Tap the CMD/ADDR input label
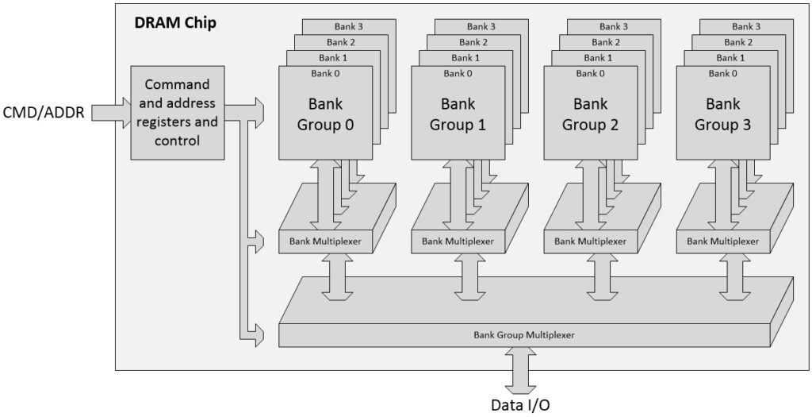coord(45,112)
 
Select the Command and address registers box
coord(176,112)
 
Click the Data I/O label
coord(519,404)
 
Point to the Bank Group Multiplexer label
coord(523,334)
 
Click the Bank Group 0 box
coord(326,114)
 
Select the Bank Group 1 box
coord(458,114)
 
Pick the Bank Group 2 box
coord(591,114)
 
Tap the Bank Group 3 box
coord(722,114)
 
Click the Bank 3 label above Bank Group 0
coord(344,27)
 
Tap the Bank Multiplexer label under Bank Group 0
coord(325,241)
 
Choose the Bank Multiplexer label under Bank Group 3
coord(722,241)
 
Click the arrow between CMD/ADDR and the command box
coord(112,112)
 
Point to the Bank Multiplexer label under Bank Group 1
coord(458,241)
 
